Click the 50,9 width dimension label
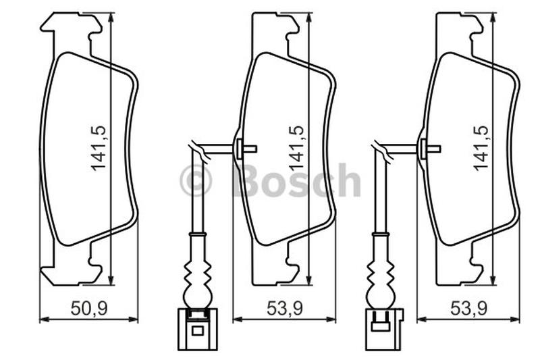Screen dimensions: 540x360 pos(89,308)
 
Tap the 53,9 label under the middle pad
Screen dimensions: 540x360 pos(285,308)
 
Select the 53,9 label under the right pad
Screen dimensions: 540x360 pos(469,308)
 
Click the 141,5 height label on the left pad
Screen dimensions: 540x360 pos(99,149)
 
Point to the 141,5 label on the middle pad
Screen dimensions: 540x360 pos(296,149)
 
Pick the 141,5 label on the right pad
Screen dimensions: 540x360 pos(481,149)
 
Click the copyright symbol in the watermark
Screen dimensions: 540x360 pos(196,181)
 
